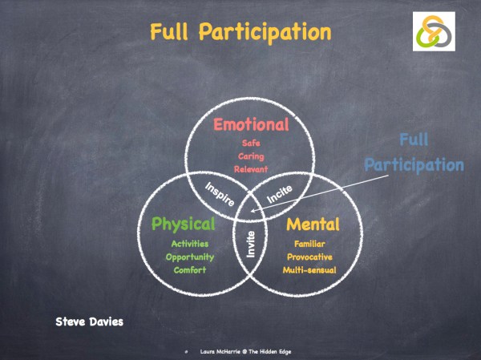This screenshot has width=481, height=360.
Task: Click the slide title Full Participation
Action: coord(240,32)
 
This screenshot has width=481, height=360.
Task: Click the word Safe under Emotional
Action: coord(251,143)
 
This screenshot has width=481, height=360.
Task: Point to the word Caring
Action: coord(251,156)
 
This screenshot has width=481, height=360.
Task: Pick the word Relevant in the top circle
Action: coord(251,170)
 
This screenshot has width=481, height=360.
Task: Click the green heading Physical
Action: coord(184,223)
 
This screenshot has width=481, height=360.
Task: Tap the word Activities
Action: coord(190,243)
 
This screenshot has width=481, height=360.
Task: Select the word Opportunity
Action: coord(190,257)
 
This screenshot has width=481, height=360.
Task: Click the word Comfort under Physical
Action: coord(190,270)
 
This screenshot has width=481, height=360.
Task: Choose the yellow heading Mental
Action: coord(313,223)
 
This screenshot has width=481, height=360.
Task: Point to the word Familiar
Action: coord(309,243)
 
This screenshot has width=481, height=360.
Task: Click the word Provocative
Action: coord(309,257)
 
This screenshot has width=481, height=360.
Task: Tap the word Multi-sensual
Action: coord(309,270)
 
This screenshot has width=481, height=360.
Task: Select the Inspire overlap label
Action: coord(219,192)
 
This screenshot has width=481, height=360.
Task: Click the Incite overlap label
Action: coord(279,192)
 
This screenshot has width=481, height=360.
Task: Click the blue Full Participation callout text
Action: coord(413,154)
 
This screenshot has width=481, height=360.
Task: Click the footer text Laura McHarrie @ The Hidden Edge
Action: coord(245,351)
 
